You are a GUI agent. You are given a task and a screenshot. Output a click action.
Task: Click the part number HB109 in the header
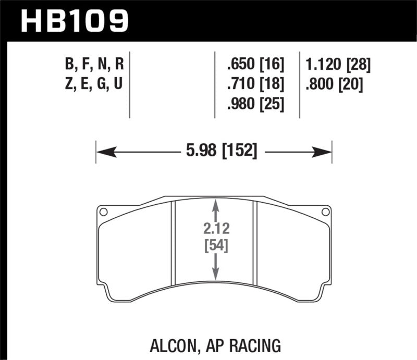click(73, 21)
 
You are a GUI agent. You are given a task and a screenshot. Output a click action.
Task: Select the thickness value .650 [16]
click(255, 66)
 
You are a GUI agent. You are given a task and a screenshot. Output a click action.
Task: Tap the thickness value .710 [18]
click(255, 84)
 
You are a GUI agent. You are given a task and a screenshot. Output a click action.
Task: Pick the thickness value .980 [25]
click(255, 103)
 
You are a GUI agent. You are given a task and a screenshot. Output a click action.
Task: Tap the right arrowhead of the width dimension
click(325, 152)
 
